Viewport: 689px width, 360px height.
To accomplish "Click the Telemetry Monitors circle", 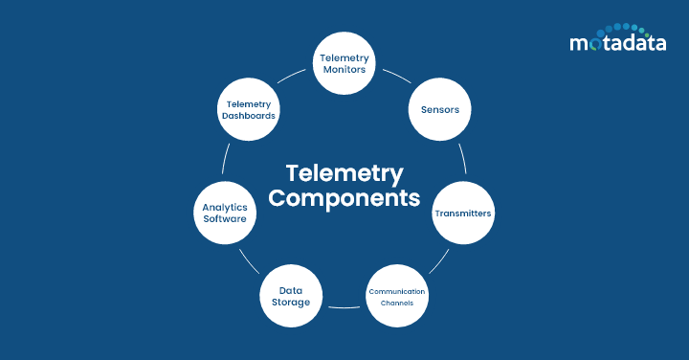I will pos(344,64).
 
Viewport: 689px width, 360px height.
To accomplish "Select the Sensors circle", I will pos(440,109).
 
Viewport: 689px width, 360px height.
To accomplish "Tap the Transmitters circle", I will pos(463,214).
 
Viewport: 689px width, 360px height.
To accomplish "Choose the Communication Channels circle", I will pos(397,296).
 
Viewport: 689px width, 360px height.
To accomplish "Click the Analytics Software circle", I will pos(225,212).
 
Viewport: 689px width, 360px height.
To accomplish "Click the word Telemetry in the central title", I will pos(344,173).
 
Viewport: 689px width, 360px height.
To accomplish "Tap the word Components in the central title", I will pos(344,199).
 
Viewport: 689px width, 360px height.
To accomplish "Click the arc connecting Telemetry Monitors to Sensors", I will pos(395,77).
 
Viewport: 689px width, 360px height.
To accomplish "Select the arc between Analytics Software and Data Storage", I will pos(248,259).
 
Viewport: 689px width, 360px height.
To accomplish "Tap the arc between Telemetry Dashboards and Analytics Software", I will pos(226,159).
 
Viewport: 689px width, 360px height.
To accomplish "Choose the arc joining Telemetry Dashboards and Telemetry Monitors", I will pos(293,77).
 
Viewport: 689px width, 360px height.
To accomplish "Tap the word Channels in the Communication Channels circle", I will pos(397,303).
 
